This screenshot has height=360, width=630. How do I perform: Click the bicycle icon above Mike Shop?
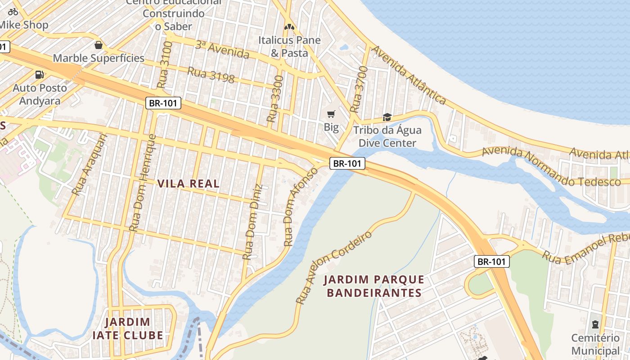(13, 12)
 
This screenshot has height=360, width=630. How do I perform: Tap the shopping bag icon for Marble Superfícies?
(99, 45)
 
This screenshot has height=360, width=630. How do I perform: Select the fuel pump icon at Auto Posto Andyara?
(40, 75)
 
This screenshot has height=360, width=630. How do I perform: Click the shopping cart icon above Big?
(331, 114)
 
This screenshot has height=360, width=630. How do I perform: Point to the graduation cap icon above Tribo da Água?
(387, 117)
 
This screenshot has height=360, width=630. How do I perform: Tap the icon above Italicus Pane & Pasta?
(289, 27)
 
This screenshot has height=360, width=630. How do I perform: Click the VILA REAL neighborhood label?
(189, 184)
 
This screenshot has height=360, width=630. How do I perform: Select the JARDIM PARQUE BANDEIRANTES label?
(374, 286)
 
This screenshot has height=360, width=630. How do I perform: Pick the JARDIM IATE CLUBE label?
(128, 328)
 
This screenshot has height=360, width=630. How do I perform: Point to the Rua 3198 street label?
(211, 75)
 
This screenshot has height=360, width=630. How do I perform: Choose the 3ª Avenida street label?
(222, 49)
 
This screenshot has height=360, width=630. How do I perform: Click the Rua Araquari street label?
(90, 164)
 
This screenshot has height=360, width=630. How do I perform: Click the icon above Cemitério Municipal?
(595, 324)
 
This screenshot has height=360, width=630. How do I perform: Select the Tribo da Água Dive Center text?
(387, 137)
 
